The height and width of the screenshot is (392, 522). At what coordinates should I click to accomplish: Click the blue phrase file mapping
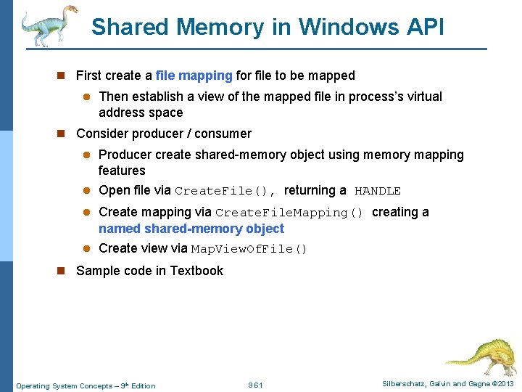pos(194,75)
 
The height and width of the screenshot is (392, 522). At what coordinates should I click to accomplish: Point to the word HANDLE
pos(378,191)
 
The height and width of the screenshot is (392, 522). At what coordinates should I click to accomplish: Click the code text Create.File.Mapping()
pos(289,213)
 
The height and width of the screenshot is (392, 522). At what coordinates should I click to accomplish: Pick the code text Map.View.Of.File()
pos(249,249)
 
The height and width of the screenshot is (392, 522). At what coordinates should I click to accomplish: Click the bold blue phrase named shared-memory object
pos(191,229)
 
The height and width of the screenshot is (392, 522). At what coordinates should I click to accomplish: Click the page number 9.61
pos(255,385)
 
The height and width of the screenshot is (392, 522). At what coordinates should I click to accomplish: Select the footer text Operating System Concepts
pos(60,385)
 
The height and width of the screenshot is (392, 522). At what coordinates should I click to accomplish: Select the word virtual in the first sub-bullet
pos(421,97)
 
